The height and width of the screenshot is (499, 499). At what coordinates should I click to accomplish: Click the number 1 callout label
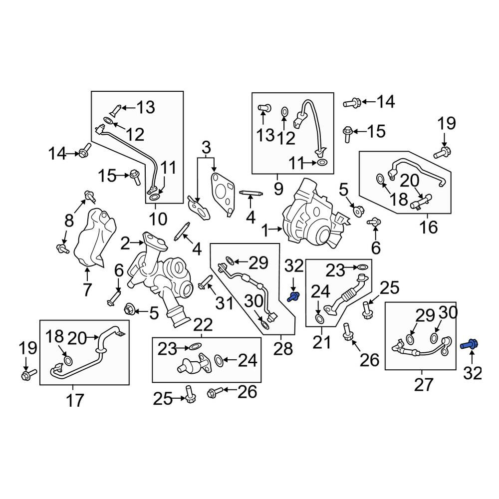click(x=265, y=230)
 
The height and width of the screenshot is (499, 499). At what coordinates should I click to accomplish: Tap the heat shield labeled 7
click(x=94, y=237)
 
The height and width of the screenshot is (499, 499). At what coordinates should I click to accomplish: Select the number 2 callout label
click(x=125, y=244)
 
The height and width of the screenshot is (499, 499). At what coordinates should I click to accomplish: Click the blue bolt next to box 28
click(x=293, y=297)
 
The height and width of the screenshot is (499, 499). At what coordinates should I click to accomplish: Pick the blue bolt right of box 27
click(x=470, y=344)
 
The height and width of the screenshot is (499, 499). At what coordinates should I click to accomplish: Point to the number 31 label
click(x=225, y=303)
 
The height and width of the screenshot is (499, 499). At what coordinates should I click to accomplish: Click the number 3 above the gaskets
click(x=206, y=148)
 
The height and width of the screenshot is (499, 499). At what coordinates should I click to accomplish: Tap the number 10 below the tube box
click(x=158, y=219)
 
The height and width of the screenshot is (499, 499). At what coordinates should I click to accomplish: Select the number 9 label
click(x=278, y=189)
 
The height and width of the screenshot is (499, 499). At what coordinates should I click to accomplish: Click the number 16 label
click(x=428, y=227)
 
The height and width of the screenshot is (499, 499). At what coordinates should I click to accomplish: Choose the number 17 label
click(x=75, y=400)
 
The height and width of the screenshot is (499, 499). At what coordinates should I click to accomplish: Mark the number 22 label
click(x=203, y=325)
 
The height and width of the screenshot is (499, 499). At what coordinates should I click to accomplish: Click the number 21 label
click(x=322, y=342)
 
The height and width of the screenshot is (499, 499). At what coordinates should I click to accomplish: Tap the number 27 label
click(x=424, y=384)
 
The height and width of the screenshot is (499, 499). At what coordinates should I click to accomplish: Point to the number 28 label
click(x=283, y=349)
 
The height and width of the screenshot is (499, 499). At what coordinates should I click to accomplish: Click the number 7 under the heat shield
click(x=87, y=289)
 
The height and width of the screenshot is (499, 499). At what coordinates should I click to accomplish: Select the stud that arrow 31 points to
click(x=205, y=282)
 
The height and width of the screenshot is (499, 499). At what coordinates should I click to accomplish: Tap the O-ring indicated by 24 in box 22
click(x=219, y=360)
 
